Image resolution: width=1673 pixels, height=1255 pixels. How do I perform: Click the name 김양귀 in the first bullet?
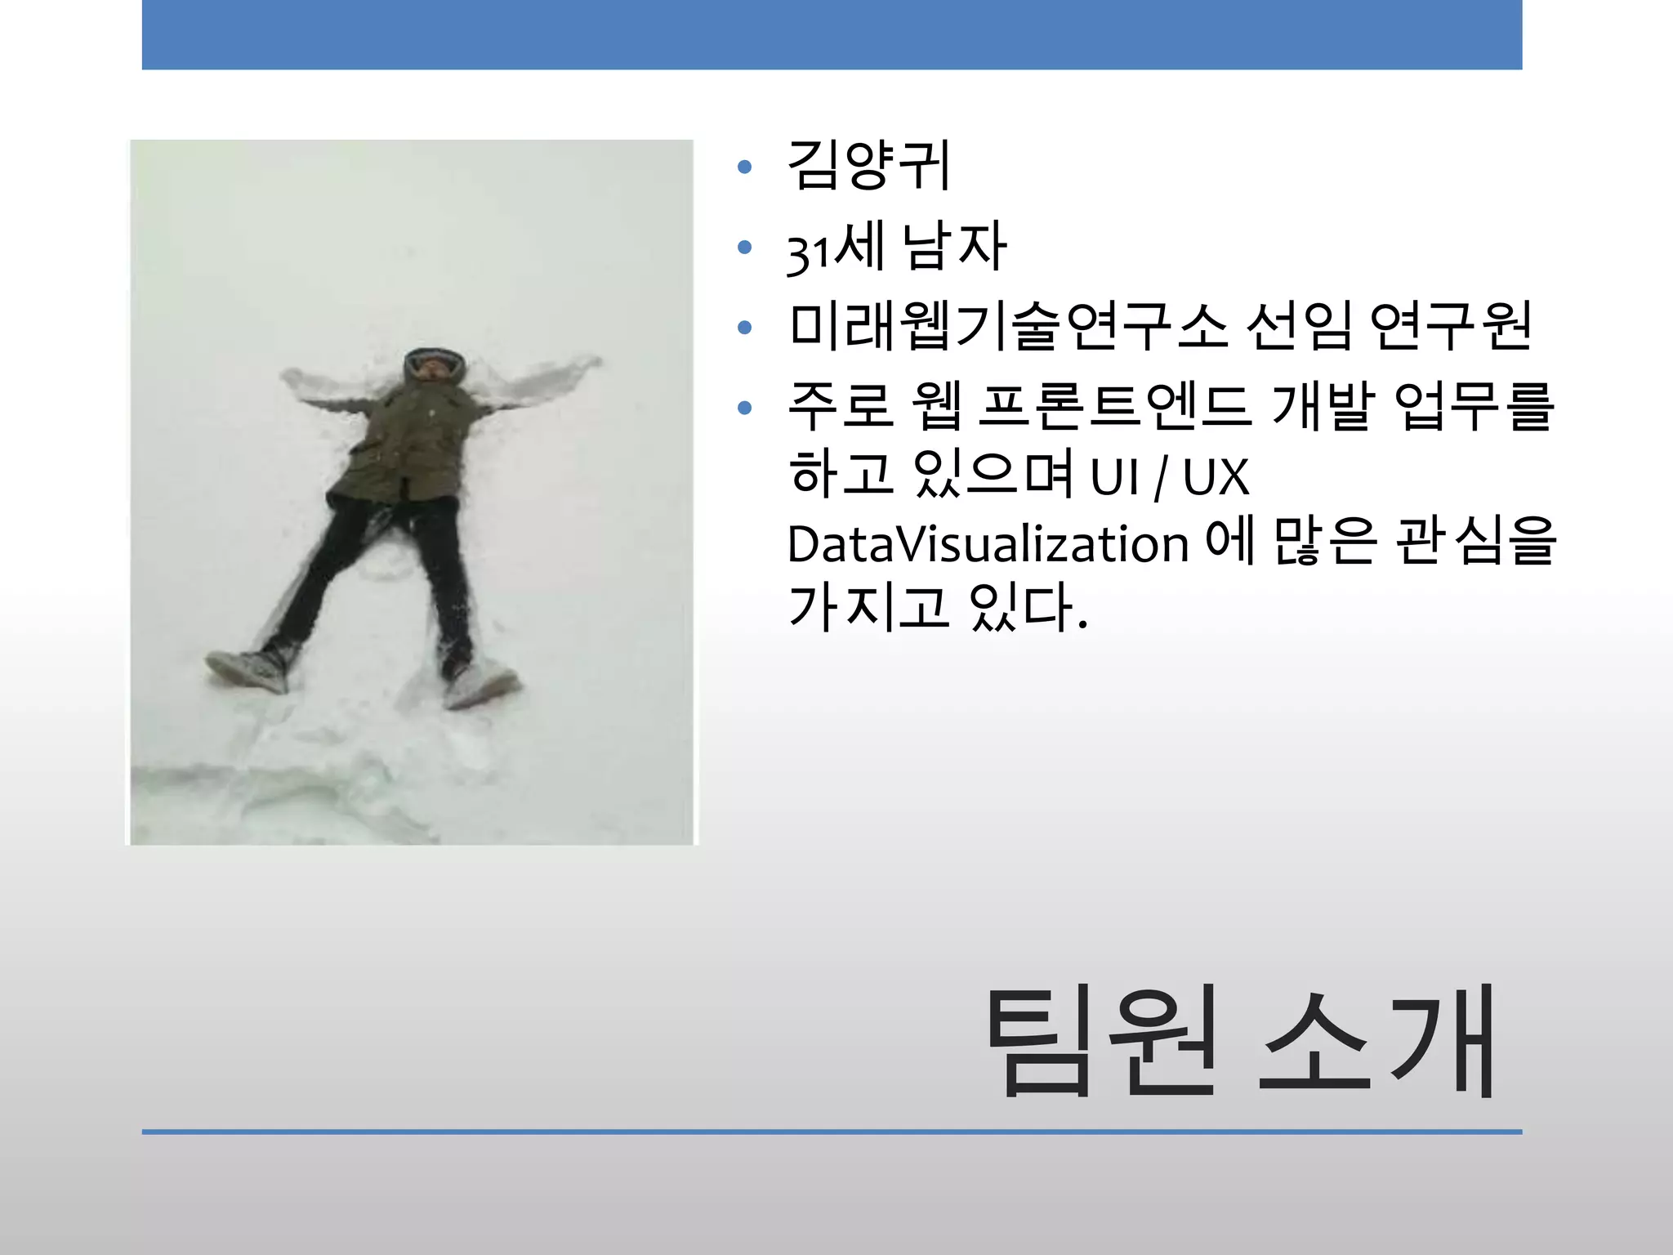(868, 166)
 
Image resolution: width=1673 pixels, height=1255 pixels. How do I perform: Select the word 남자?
(954, 246)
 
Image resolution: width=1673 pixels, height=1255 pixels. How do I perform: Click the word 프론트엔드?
(1114, 407)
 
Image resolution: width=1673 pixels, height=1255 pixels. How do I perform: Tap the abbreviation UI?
(1114, 478)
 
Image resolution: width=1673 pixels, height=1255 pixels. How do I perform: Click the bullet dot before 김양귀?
(744, 167)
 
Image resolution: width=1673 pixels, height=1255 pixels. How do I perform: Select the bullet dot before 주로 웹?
(744, 408)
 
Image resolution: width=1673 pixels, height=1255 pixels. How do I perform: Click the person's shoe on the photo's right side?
(482, 685)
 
